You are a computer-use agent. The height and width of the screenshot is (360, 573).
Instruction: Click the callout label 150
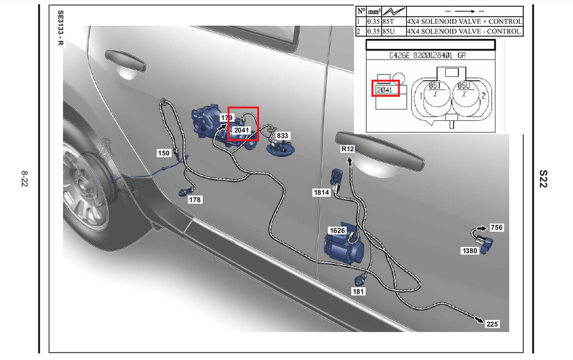tap(164, 153)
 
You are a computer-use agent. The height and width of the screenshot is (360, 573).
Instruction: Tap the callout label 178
tap(195, 199)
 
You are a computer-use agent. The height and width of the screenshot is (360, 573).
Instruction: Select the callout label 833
tap(282, 136)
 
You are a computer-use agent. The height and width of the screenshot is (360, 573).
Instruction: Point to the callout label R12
tap(348, 148)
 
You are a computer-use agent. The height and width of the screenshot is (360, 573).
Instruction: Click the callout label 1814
tap(321, 192)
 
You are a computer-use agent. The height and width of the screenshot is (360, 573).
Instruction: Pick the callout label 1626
tap(337, 230)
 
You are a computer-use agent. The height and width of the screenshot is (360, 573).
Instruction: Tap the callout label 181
tap(358, 291)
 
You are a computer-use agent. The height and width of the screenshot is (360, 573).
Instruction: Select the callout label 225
tap(492, 324)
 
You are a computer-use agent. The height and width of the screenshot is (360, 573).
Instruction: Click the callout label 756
tap(496, 228)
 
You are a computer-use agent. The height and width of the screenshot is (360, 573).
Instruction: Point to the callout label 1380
tap(470, 251)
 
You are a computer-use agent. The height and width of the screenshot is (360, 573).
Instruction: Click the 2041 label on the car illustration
tap(241, 130)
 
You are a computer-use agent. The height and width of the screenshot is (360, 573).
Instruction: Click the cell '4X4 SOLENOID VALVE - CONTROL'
tap(465, 32)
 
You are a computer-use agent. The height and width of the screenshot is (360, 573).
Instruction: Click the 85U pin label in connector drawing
tap(464, 85)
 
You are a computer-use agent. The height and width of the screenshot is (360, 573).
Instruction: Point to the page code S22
tap(543, 179)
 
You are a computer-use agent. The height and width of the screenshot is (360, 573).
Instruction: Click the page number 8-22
tap(24, 179)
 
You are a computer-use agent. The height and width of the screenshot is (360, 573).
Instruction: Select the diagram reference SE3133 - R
tap(61, 28)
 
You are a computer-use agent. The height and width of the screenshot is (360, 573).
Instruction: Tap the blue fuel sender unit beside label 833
tap(280, 148)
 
